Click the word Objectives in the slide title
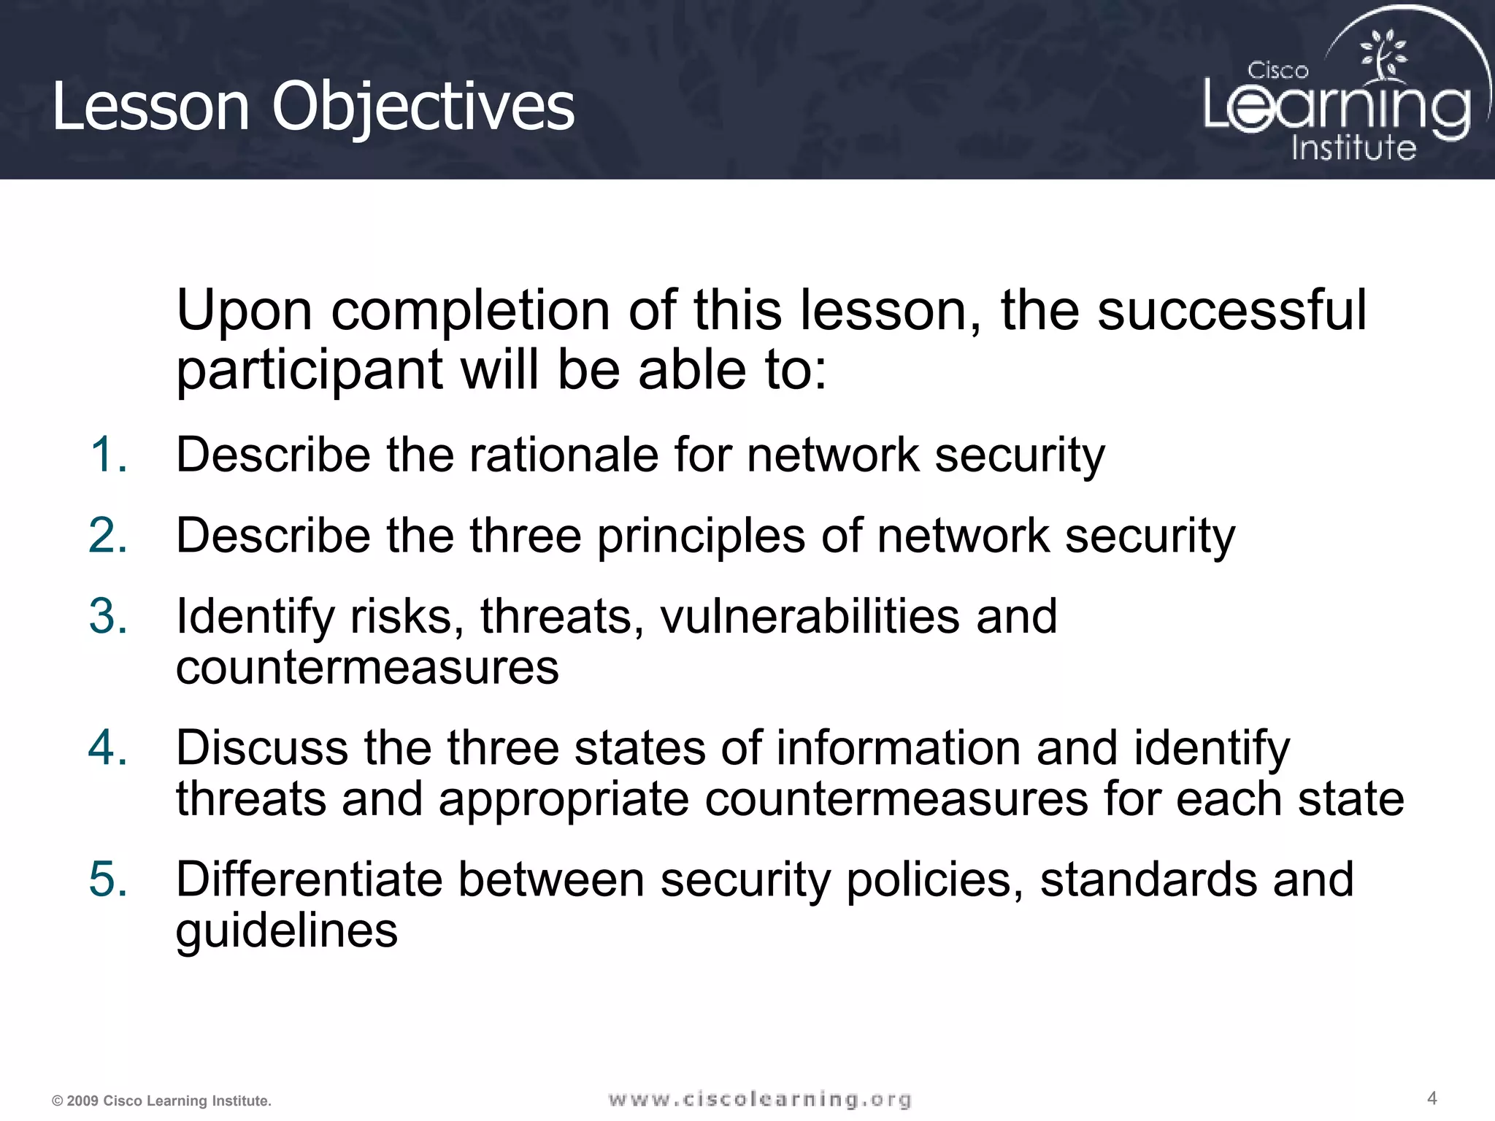[423, 107]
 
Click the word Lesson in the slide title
[150, 107]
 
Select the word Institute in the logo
[1353, 148]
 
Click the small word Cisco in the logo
[1277, 71]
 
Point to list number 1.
[109, 455]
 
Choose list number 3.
[109, 616]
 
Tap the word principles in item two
[701, 536]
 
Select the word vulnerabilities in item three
[810, 616]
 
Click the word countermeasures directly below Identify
[367, 667]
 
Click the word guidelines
[287, 931]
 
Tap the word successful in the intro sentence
[1231, 310]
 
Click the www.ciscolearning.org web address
[759, 1099]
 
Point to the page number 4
[1431, 1098]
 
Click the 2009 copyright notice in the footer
[161, 1101]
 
